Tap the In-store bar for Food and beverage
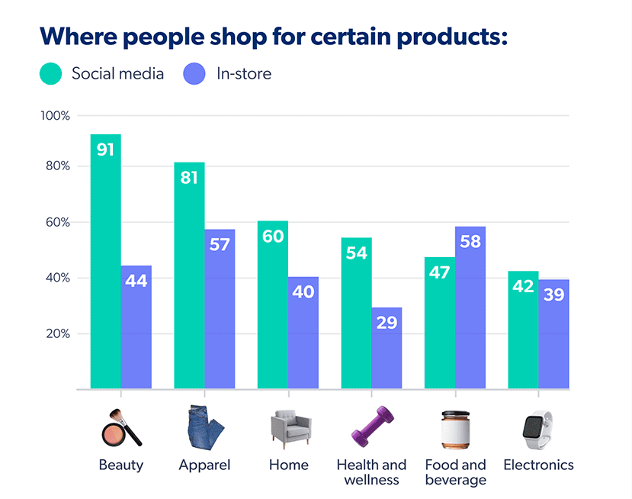[x=470, y=320]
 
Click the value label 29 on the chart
[x=387, y=322]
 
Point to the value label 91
[x=105, y=150]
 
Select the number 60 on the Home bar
[x=273, y=237]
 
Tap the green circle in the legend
[x=50, y=74]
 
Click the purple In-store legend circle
[x=194, y=74]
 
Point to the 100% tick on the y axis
[x=55, y=116]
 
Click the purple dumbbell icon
[x=371, y=427]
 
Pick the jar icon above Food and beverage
[x=454, y=429]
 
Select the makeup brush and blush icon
[x=121, y=427]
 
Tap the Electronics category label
[x=538, y=465]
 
